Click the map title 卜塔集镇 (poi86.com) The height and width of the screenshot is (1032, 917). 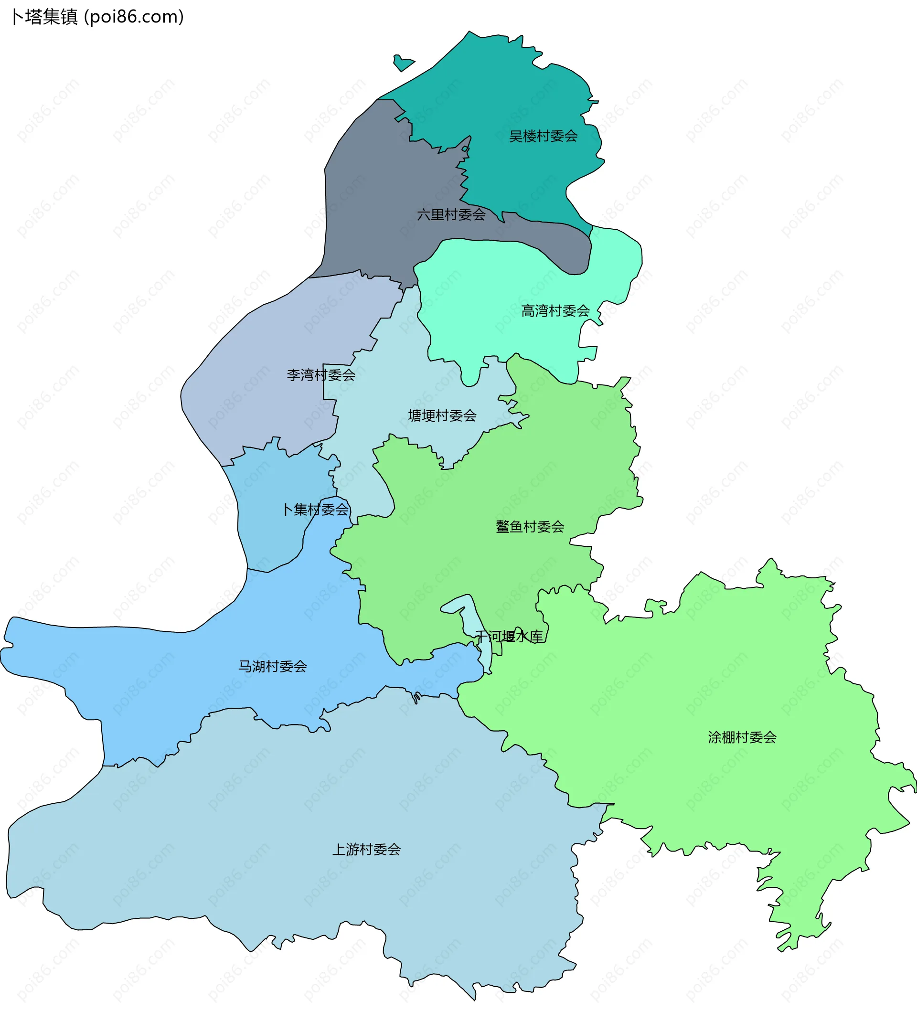click(97, 17)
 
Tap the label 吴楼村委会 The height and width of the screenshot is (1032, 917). click(543, 136)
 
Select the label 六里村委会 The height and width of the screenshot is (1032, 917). click(451, 215)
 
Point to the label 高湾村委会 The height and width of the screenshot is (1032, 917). click(555, 311)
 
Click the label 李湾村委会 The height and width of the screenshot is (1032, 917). click(320, 375)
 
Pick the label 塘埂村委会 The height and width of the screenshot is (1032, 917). click(442, 416)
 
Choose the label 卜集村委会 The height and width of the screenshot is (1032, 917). click(316, 510)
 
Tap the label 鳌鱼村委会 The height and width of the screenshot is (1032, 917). click(530, 527)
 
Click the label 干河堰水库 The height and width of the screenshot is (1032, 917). click(509, 637)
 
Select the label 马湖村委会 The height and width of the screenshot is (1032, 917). click(272, 667)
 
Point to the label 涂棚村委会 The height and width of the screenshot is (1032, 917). click(742, 738)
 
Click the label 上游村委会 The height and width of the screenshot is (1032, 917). click(366, 850)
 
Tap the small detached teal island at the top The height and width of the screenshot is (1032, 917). click(403, 63)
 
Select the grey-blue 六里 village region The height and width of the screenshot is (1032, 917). click(373, 202)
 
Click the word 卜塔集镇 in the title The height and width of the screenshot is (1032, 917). click(44, 17)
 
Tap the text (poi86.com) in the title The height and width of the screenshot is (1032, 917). click(134, 17)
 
